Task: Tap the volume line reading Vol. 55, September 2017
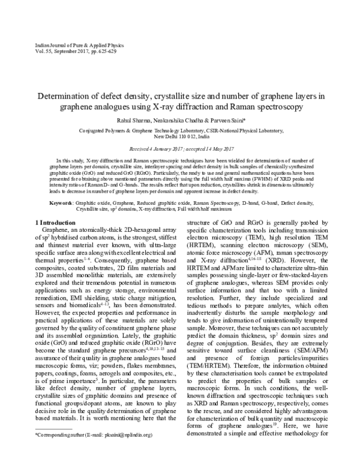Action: (57, 53)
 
